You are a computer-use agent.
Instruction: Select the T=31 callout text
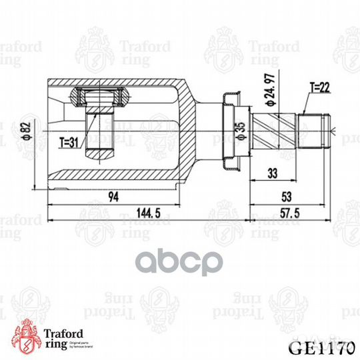[69, 141]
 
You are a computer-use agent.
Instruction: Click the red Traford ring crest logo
[27, 333]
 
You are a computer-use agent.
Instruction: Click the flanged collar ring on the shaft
[229, 131]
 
